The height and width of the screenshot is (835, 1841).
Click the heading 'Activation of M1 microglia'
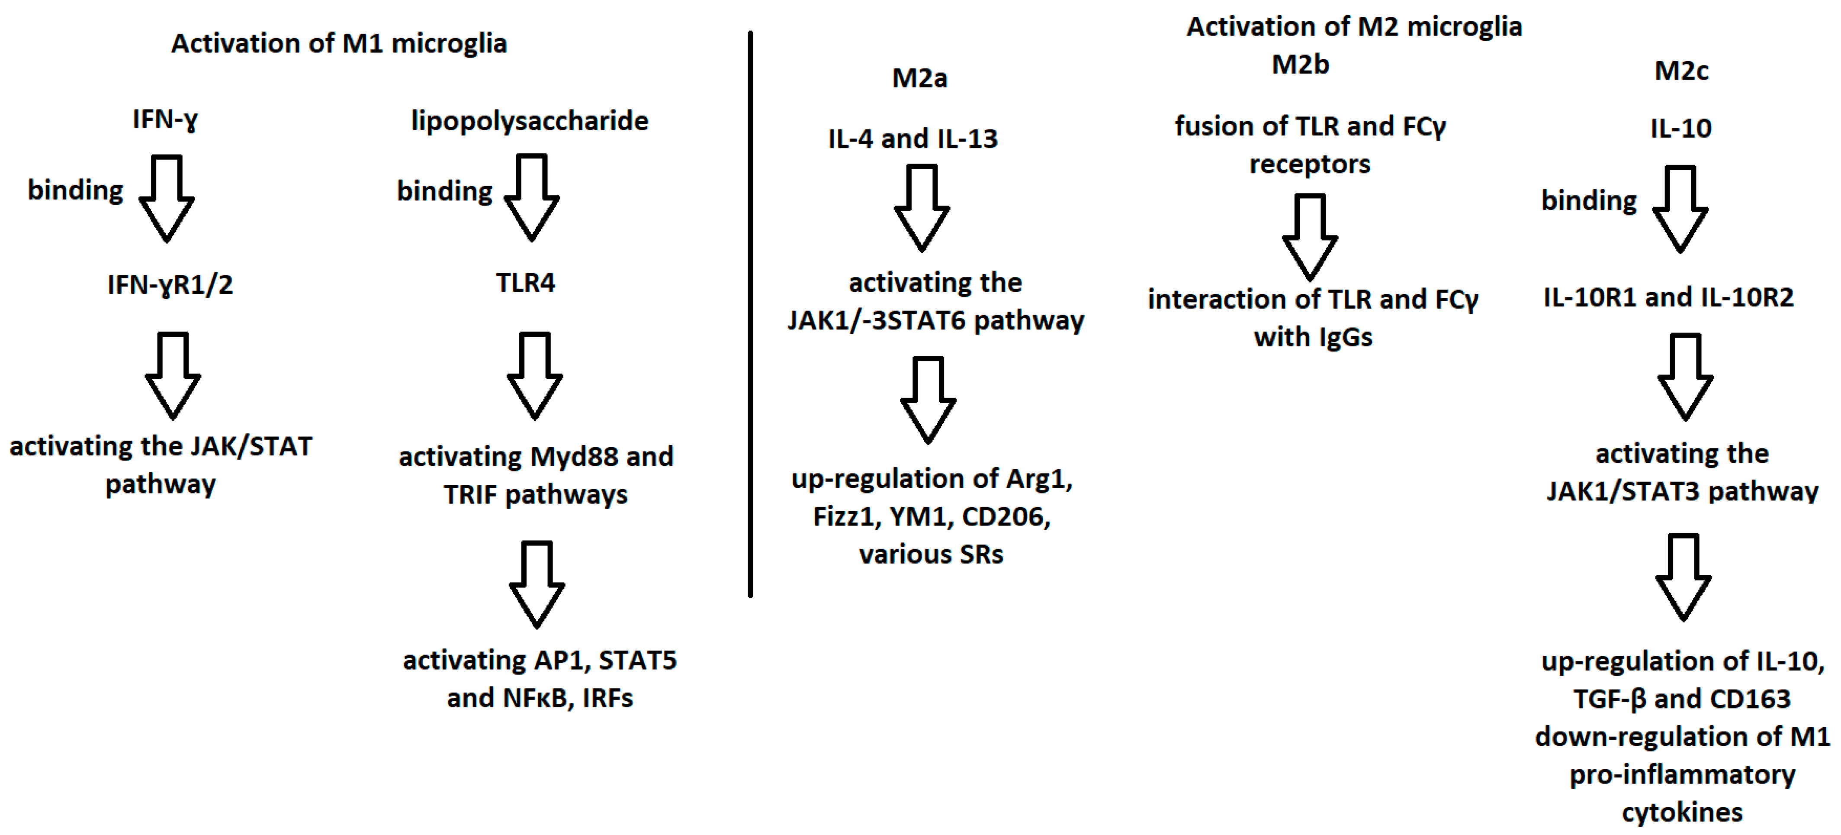(339, 44)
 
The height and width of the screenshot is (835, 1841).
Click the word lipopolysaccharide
(530, 121)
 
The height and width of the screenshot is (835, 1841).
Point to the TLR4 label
(525, 283)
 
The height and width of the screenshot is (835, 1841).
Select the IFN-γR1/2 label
(170, 284)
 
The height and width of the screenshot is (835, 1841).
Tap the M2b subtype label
(1300, 65)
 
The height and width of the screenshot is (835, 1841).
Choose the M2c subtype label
(1681, 71)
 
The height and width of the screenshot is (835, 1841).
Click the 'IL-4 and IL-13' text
(912, 139)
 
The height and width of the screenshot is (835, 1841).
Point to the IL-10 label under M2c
(1680, 129)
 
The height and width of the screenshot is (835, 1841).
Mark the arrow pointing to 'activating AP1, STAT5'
(537, 584)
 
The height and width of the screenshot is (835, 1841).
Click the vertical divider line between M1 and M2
(750, 315)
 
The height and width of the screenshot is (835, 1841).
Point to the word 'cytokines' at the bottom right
(1682, 812)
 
